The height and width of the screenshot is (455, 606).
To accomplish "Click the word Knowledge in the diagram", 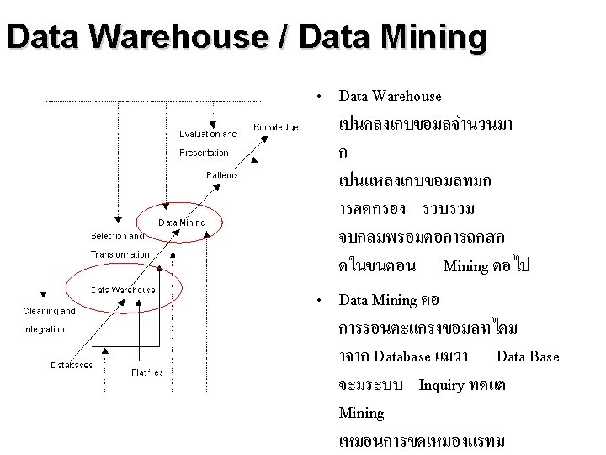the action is [x=276, y=127].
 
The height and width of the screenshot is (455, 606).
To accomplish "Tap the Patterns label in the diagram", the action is [x=222, y=175].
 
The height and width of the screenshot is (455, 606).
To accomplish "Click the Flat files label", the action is [x=147, y=372].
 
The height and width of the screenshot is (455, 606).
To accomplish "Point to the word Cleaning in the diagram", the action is [x=49, y=311].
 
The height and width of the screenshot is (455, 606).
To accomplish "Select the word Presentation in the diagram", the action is [x=205, y=153].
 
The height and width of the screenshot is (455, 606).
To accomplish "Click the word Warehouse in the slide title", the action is [x=163, y=38].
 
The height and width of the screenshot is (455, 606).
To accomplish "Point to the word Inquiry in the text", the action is [x=441, y=385].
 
